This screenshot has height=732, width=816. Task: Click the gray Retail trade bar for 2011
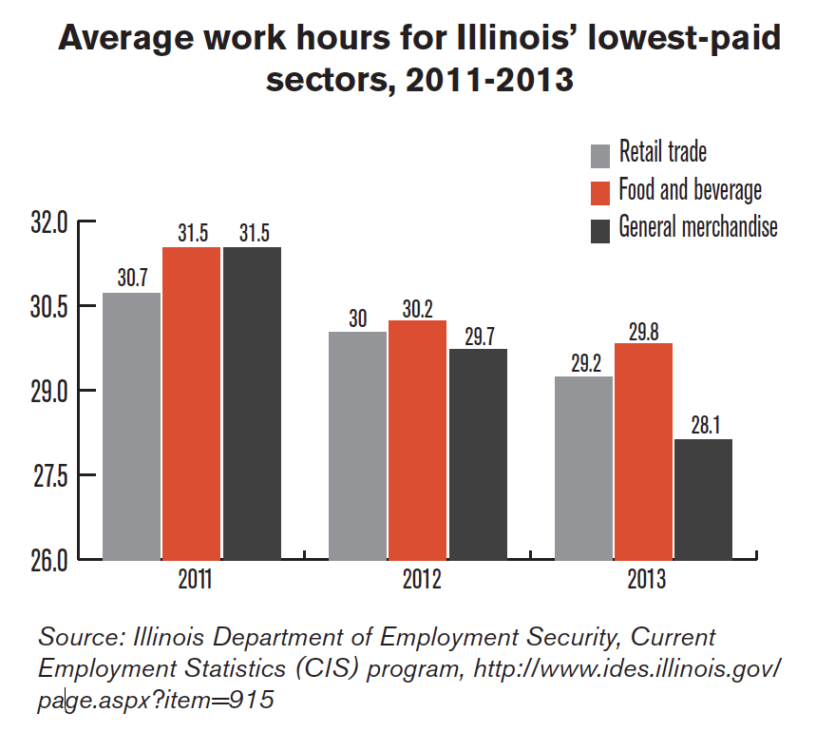click(x=132, y=425)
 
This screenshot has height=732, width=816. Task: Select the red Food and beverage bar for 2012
click(x=417, y=439)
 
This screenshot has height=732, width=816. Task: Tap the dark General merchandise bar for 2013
click(x=704, y=498)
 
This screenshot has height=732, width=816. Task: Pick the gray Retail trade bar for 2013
click(x=584, y=467)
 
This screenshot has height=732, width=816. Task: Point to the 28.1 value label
click(x=705, y=426)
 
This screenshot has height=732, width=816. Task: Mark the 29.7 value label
click(x=478, y=336)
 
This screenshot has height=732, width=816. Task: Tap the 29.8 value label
click(x=644, y=331)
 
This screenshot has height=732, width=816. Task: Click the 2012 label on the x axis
click(x=417, y=580)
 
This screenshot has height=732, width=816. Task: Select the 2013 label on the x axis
click(x=644, y=580)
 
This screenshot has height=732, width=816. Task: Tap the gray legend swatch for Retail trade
click(x=599, y=155)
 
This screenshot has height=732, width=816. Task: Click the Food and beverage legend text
click(x=690, y=190)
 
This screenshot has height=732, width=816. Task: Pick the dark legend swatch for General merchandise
click(x=599, y=230)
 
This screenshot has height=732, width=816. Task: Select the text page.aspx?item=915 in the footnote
click(x=156, y=701)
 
